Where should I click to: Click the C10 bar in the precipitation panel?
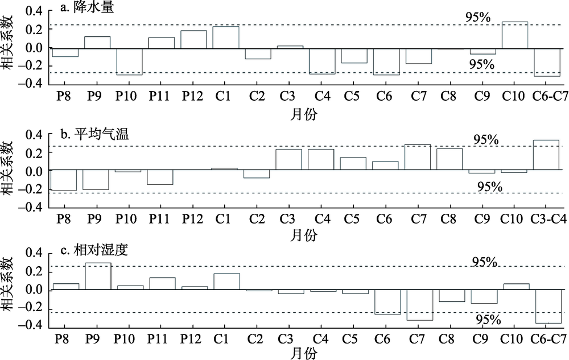coord(515,35)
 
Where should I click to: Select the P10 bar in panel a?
coord(130,61)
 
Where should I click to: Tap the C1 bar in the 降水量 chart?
coord(226,38)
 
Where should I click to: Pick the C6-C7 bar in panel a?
coord(547,63)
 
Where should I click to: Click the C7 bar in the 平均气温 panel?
coord(417,157)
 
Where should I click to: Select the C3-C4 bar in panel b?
coord(546,155)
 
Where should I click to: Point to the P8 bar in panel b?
coord(64,180)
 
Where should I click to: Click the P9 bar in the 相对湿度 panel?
coord(98,276)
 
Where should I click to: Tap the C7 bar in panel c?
coord(420,305)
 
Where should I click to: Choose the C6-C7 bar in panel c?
coord(549,307)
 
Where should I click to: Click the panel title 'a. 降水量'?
coord(87,7)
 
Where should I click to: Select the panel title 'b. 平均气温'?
coord(94,134)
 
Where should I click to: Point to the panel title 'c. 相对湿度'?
coord(94,250)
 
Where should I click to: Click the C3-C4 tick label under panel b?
coord(549,219)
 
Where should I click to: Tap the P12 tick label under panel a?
coord(192,96)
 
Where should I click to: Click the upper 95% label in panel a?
coord(479,18)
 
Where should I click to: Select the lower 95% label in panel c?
coord(488,320)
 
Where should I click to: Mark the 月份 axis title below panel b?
coord(303,235)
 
